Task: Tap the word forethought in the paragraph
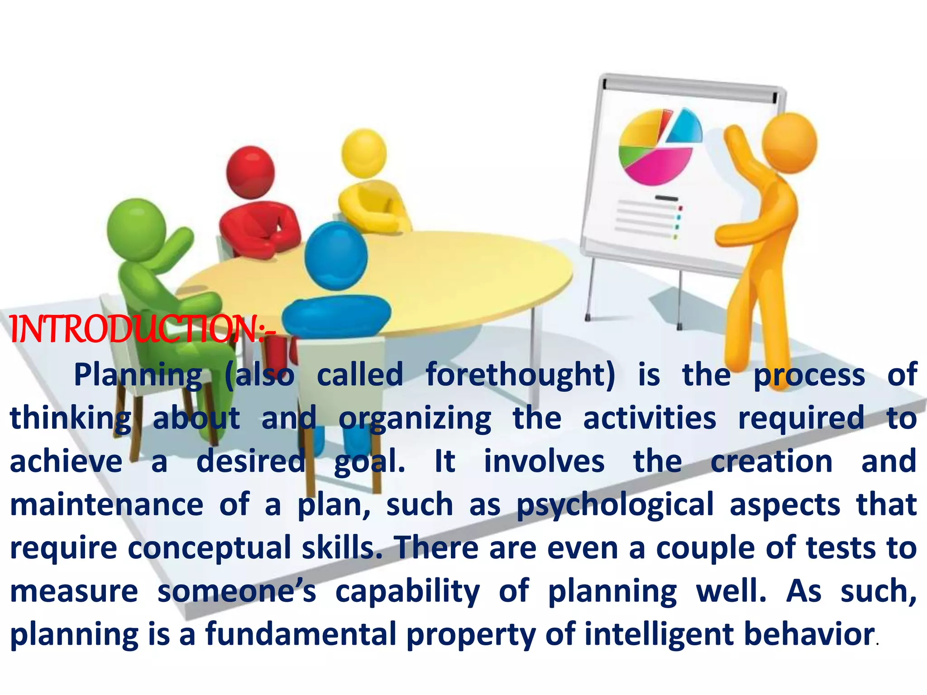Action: [520, 375]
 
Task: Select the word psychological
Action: [615, 505]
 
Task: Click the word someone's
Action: [236, 591]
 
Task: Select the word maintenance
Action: [107, 505]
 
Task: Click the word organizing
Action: [415, 419]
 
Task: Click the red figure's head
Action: [250, 172]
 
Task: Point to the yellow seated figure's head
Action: [364, 152]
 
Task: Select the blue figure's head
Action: [336, 256]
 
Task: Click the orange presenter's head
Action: [789, 143]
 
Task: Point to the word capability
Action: [407, 591]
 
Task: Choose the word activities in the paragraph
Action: [650, 419]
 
